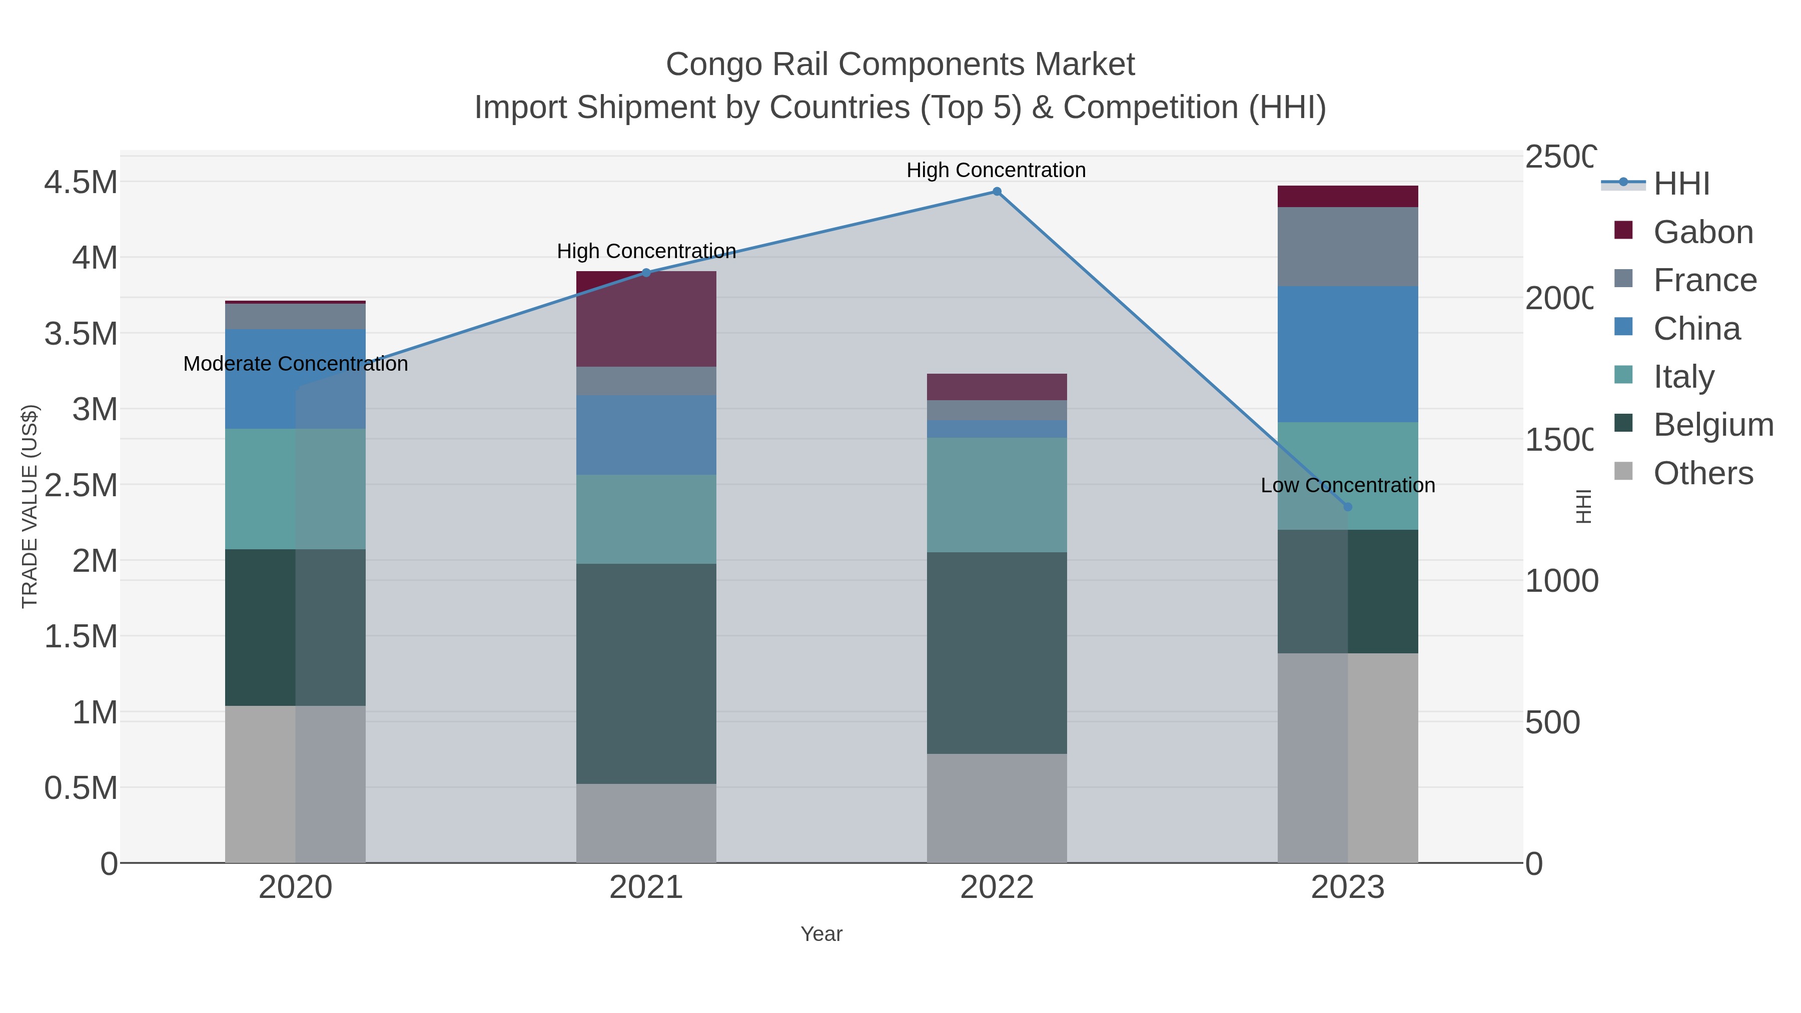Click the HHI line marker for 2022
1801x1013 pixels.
click(x=997, y=192)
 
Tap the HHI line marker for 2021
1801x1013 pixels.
click(x=646, y=273)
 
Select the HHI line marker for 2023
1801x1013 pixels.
click(x=1348, y=507)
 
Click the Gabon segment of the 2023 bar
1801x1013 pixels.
click(x=1348, y=197)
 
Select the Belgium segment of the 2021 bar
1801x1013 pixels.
click(x=646, y=673)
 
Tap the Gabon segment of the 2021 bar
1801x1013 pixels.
click(x=646, y=319)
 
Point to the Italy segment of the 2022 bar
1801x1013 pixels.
click(x=997, y=495)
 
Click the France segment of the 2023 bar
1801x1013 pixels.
click(x=1348, y=247)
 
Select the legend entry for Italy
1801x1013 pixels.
click(x=1683, y=376)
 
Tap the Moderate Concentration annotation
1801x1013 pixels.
click(x=295, y=364)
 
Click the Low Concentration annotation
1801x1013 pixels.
click(x=1347, y=485)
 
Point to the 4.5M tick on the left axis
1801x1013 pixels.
click(x=81, y=183)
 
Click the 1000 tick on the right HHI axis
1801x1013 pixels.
click(x=1560, y=580)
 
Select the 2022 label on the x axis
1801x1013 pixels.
click(x=997, y=888)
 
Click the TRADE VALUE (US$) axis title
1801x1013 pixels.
click(x=30, y=506)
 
